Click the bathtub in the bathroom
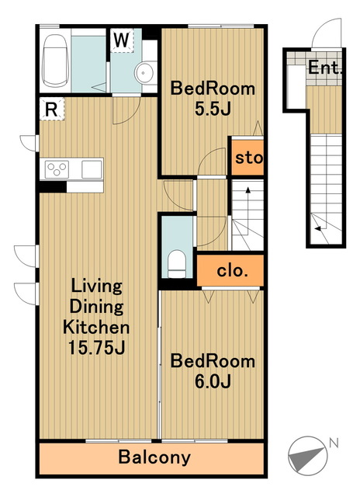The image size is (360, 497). (55, 61)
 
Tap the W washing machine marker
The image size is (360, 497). (122, 40)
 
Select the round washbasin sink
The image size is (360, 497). (144, 73)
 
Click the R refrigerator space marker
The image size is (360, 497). (52, 109)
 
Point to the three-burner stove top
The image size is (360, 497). (57, 169)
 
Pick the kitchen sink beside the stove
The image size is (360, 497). (92, 169)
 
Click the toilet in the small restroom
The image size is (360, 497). (176, 264)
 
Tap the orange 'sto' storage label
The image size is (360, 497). (249, 158)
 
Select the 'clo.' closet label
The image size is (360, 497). (232, 271)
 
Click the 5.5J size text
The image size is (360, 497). (213, 109)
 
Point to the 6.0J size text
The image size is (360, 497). (213, 381)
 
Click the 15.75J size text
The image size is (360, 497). (96, 348)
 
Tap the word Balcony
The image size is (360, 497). (154, 457)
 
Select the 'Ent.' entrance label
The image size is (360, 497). (325, 68)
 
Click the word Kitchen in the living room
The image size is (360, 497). (96, 327)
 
